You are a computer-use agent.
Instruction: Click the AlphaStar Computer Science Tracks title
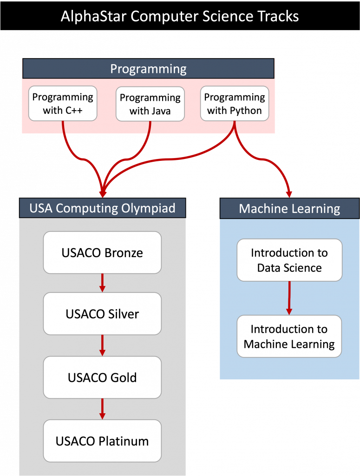click(180, 16)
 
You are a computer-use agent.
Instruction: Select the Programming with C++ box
click(63, 104)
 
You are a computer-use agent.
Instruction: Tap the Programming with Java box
click(150, 104)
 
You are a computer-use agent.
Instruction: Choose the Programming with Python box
click(235, 104)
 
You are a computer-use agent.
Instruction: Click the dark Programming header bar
click(148, 69)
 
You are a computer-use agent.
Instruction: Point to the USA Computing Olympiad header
click(103, 208)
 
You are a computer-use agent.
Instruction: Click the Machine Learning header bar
click(289, 209)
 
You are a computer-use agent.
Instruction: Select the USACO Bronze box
click(102, 252)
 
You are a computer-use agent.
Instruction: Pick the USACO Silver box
click(102, 314)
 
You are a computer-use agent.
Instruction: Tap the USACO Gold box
click(102, 377)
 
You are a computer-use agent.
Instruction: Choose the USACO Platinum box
click(102, 441)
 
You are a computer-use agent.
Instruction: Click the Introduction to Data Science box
click(289, 260)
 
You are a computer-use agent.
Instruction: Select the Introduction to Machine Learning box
click(289, 337)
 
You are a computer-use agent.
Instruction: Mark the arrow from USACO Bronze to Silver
click(102, 283)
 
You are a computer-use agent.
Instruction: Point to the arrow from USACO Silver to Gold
click(102, 345)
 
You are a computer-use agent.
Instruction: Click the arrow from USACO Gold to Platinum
click(102, 409)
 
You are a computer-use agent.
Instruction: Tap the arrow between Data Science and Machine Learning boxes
click(289, 298)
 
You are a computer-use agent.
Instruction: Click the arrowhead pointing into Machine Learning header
click(289, 194)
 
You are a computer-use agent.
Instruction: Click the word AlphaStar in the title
click(93, 16)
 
